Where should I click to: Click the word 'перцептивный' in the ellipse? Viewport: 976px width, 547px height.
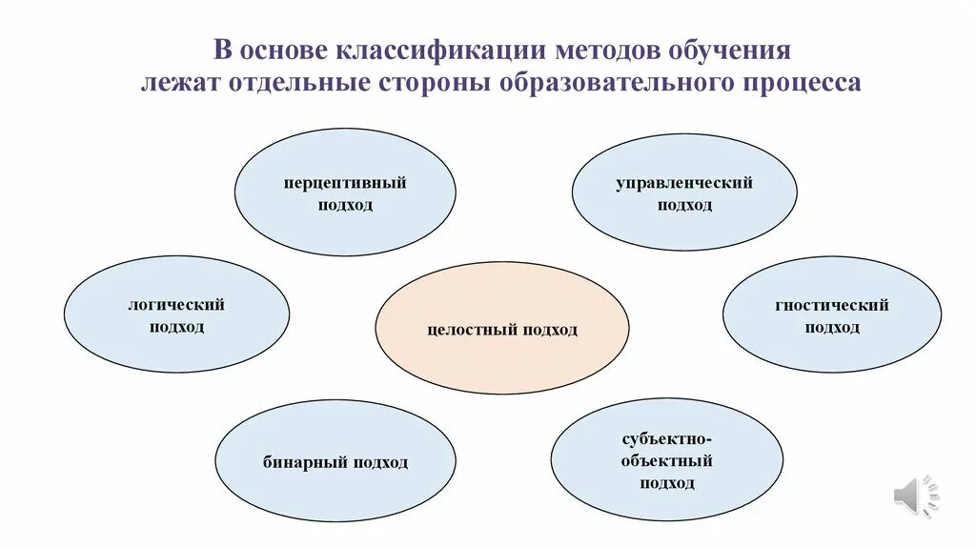pyautogui.click(x=345, y=183)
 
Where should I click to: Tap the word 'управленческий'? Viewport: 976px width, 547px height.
pyautogui.click(x=684, y=183)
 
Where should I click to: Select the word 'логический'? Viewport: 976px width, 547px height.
pyautogui.click(x=176, y=305)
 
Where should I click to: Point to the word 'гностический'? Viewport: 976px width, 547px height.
pyautogui.click(x=832, y=305)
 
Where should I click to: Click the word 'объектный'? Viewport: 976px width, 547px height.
pyautogui.click(x=667, y=461)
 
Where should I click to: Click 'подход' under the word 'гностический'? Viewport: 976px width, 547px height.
pyautogui.click(x=832, y=328)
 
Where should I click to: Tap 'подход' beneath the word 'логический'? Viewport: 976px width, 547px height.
pyautogui.click(x=176, y=328)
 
